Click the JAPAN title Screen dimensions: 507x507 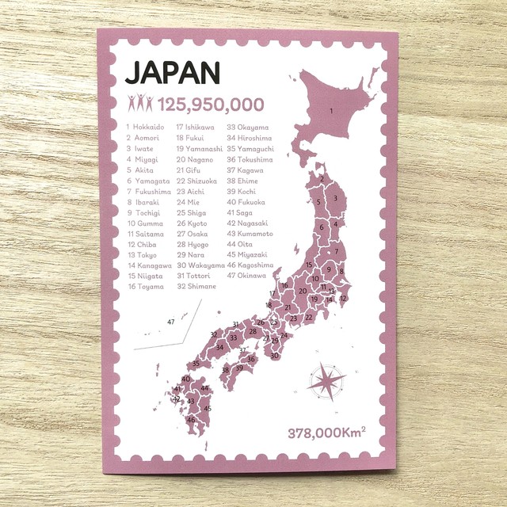(172, 72)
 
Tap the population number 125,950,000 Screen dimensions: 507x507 (210, 104)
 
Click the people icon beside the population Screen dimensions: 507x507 (140, 102)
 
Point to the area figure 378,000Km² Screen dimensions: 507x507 (326, 433)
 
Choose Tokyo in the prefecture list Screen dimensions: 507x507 (143, 255)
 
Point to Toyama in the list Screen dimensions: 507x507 (146, 287)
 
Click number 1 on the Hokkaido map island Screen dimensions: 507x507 (342, 121)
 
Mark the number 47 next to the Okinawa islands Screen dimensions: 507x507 (170, 321)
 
